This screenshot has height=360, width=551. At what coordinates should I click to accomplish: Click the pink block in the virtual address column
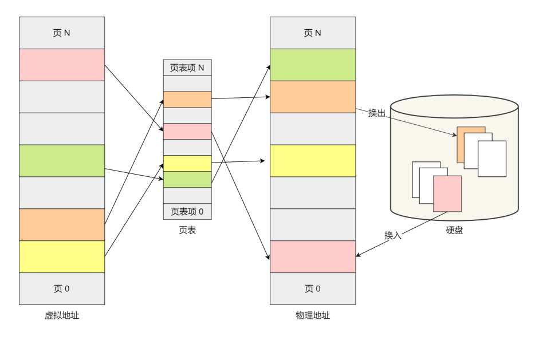click(x=62, y=65)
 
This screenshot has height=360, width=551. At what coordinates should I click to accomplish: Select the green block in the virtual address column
click(x=62, y=160)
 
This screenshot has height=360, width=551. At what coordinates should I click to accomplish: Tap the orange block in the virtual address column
click(x=62, y=224)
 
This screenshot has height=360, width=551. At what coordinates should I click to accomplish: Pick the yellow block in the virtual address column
click(x=62, y=256)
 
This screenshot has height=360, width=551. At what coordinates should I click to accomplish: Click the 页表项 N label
click(x=187, y=68)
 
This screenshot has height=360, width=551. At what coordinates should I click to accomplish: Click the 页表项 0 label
click(x=187, y=211)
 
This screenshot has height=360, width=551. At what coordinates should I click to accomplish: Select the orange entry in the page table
click(x=187, y=100)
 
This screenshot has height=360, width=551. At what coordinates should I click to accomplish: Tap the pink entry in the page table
click(x=187, y=132)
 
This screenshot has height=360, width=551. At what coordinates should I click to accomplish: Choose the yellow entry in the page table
click(x=187, y=163)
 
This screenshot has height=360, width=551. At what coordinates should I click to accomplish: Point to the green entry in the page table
click(x=187, y=179)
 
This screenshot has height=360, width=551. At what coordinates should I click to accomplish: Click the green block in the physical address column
click(x=313, y=65)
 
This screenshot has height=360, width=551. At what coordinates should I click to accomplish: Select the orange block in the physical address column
click(x=313, y=97)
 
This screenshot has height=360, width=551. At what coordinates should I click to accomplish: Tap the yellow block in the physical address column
click(x=313, y=160)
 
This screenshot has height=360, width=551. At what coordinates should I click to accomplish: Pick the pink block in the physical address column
click(x=313, y=256)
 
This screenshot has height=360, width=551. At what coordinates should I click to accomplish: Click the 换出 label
click(x=377, y=113)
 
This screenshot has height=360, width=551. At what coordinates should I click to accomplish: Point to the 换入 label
click(x=393, y=235)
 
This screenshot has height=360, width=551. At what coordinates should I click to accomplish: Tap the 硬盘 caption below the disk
click(x=454, y=231)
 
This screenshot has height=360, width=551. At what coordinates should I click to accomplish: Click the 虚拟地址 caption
click(x=62, y=315)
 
